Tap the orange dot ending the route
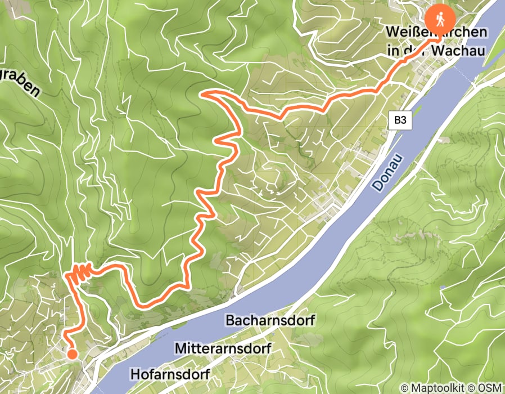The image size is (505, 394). tap(72, 353)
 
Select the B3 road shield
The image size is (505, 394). tap(399, 119)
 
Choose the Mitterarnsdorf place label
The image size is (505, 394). tap(223, 348)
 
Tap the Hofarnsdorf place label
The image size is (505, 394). tap(170, 374)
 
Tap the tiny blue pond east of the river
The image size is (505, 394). tap(443, 287)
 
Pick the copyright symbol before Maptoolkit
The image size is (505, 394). tap(405, 387)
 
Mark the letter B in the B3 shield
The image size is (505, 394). tap(396, 119)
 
